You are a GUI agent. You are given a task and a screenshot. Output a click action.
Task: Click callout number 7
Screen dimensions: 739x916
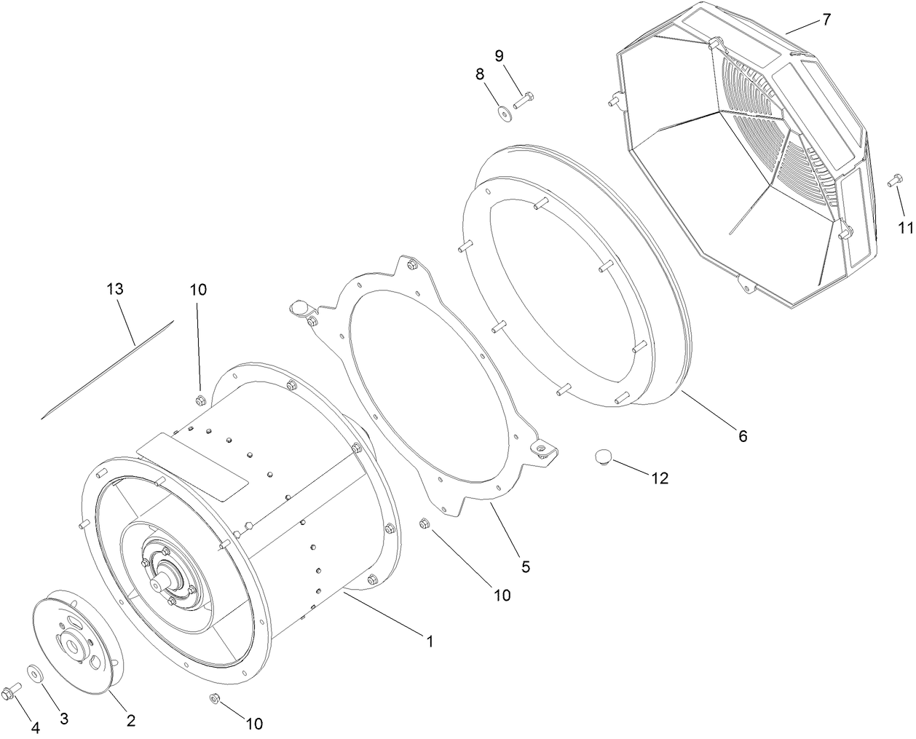click(826, 20)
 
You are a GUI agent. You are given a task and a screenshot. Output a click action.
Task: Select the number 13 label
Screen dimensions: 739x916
click(114, 289)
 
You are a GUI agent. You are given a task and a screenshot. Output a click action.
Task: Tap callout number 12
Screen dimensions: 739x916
click(659, 478)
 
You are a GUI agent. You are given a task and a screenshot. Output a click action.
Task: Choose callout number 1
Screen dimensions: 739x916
click(430, 641)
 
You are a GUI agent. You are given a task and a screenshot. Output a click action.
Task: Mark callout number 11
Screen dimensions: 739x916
click(904, 227)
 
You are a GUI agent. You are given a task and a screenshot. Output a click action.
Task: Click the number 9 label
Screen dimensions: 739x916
click(499, 55)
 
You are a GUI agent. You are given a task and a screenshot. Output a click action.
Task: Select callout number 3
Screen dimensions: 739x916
click(64, 719)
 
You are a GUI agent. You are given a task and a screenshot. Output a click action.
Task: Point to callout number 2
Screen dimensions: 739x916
click(131, 721)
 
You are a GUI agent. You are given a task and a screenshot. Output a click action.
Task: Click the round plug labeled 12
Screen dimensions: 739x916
click(602, 456)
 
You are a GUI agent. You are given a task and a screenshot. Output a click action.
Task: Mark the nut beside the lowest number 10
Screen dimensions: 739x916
click(215, 699)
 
